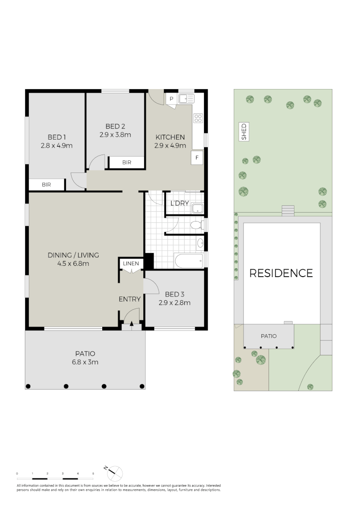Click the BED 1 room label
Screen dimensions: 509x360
[x=57, y=137]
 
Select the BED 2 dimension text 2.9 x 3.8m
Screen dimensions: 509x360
[x=115, y=134]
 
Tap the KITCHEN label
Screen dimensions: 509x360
[x=170, y=137]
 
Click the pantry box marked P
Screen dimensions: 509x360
[x=172, y=99]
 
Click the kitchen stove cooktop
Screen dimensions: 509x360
[x=198, y=118]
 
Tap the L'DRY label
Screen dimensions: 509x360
[x=180, y=204]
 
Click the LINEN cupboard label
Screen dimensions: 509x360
[x=131, y=263]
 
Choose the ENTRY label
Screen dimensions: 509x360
[x=130, y=299]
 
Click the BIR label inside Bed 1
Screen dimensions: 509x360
[x=46, y=185]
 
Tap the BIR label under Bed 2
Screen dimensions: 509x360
[x=126, y=163]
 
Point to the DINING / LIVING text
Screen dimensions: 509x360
[x=73, y=255]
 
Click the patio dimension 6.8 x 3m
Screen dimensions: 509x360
[x=85, y=362]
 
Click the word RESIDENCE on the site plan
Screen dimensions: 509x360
[x=281, y=273]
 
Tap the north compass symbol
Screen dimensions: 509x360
[x=115, y=473]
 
